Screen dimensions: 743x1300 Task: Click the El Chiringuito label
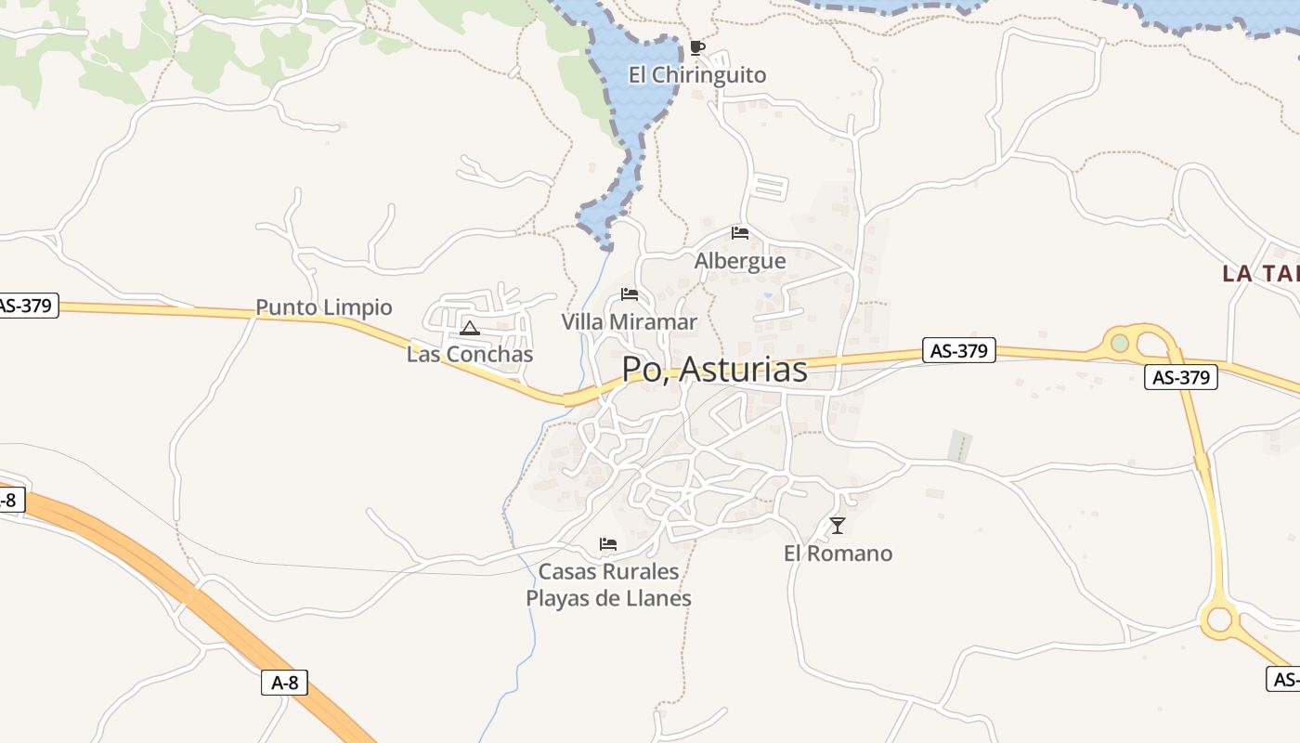697,75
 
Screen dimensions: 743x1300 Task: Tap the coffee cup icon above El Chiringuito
697,48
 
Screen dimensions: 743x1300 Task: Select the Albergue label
740,261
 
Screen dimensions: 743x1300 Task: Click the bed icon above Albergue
740,232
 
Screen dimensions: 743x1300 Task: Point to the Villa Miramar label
629,322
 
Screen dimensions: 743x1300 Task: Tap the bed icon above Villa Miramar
630,295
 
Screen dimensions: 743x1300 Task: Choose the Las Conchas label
470,354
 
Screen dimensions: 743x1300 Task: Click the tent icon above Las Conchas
470,328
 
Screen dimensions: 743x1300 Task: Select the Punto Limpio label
324,307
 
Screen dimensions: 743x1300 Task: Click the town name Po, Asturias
714,370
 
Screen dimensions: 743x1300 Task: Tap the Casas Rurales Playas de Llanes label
609,584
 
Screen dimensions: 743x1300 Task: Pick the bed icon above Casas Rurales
608,543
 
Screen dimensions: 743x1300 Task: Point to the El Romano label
838,554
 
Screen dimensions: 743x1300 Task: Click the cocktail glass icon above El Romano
838,526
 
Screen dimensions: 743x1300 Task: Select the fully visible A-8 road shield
284,683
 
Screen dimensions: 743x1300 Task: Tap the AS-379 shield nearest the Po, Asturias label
960,350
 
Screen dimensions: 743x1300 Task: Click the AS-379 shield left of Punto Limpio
27,305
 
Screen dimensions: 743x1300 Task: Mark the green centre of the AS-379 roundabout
1121,343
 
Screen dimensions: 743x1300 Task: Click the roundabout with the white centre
1219,619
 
